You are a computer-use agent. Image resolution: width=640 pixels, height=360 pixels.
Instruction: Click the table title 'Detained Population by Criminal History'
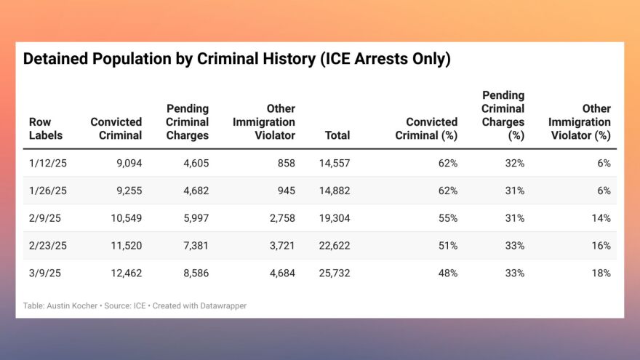pos(237,60)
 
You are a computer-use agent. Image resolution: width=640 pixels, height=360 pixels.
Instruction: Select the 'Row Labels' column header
pos(46,129)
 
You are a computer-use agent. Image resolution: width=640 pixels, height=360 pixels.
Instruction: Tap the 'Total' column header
pos(337,135)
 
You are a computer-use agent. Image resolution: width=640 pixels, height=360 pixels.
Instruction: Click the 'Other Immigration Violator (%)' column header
pos(580,122)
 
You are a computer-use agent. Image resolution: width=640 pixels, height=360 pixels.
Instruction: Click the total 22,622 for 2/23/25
pos(335,246)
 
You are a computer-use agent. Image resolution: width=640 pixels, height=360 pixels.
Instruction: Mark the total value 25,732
pos(335,273)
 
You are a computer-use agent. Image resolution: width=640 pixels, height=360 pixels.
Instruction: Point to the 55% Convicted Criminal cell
pos(447,218)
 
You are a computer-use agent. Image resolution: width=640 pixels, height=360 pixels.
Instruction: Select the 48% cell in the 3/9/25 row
pos(447,273)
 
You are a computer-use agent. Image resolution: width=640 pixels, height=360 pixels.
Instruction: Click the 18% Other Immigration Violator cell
pos(601,273)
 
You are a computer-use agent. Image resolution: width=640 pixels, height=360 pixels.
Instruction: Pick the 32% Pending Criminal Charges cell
pos(514,164)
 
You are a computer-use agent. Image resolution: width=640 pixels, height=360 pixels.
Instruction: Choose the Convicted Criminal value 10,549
pos(125,218)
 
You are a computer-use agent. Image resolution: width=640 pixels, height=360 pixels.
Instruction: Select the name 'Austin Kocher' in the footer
pos(72,306)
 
